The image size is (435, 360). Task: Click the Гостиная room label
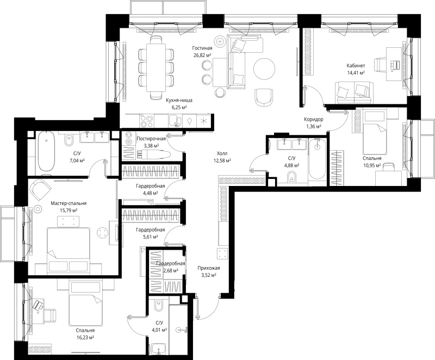coord(202,48)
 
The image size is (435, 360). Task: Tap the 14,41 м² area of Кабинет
coord(356,73)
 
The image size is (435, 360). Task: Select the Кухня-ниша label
coord(179,101)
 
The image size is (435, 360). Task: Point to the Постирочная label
coord(151,138)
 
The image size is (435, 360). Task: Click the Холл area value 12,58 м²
coord(222,160)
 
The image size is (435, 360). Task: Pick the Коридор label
coord(314,120)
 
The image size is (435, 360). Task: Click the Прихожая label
coord(209,268)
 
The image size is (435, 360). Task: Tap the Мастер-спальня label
coord(69,203)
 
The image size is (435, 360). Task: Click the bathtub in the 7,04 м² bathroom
coord(46,151)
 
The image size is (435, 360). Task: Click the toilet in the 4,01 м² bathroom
coord(159,307)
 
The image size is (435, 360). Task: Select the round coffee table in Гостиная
coord(264,69)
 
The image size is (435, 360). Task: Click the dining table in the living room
coord(156,67)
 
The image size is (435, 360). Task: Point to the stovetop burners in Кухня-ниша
coord(146,121)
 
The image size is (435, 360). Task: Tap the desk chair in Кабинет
coord(380,65)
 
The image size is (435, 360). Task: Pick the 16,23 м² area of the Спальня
coord(85,338)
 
